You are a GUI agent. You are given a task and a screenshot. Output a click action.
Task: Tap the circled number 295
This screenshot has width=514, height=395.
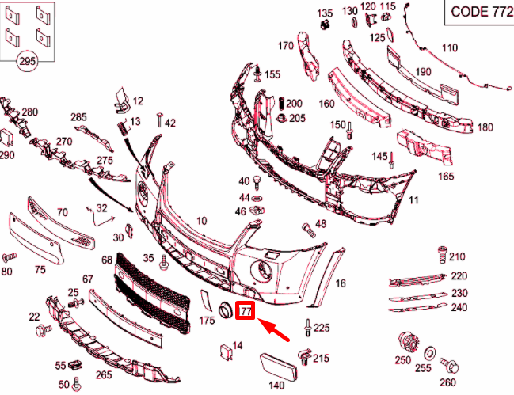27,61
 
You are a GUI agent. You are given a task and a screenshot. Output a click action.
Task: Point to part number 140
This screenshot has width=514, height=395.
276,386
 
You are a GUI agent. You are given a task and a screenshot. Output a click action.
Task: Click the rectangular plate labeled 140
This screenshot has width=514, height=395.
276,366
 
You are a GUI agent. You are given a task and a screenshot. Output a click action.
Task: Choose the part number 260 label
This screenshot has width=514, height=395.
447,384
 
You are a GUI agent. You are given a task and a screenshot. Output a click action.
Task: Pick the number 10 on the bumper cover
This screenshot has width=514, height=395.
201,221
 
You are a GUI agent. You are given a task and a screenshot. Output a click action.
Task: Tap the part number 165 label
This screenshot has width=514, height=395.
446,176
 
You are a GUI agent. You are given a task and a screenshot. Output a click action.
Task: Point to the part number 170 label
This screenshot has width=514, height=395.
285,46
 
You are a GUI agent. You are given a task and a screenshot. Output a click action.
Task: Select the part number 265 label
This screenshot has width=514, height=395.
104,374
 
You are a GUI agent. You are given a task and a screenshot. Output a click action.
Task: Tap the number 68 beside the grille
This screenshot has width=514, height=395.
106,260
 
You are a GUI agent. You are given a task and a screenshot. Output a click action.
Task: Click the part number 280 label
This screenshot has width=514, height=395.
29,112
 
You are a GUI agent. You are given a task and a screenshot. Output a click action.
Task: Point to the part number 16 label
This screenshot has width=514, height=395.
341,283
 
